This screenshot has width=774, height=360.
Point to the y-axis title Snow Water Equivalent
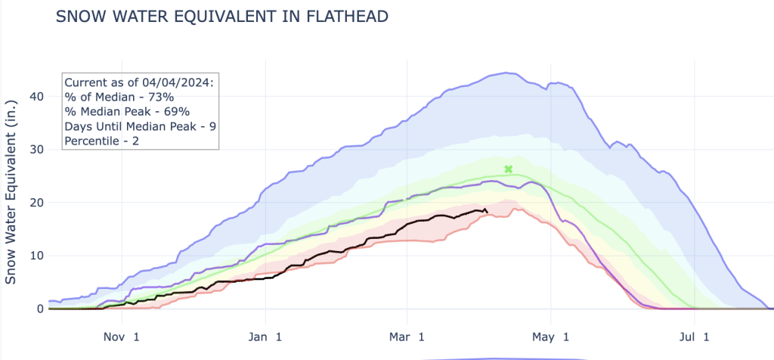tap(11, 195)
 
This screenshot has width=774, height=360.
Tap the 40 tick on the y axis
tap(35, 96)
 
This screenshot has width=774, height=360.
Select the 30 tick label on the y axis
tap(35, 150)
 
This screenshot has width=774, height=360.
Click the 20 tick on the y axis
tap(35, 203)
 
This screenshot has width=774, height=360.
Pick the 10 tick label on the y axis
tap(35, 256)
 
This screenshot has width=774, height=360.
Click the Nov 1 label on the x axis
tap(121, 336)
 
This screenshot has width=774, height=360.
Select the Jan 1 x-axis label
tap(265, 336)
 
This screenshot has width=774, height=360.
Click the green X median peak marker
tap(509, 169)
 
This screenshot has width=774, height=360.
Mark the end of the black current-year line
tap(486, 212)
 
